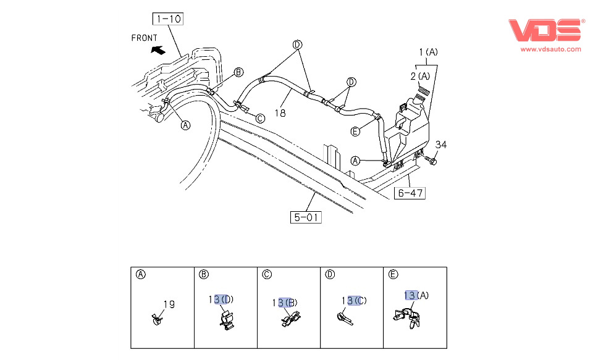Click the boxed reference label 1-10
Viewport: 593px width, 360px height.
pyautogui.click(x=168, y=19)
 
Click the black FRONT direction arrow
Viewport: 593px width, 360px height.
pyautogui.click(x=159, y=50)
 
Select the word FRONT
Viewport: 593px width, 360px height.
pyautogui.click(x=145, y=38)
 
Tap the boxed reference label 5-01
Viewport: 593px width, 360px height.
pyautogui.click(x=306, y=217)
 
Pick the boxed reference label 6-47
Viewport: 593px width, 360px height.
pyautogui.click(x=410, y=193)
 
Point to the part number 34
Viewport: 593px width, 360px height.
pyautogui.click(x=440, y=144)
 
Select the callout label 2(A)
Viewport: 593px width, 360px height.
pyautogui.click(x=420, y=75)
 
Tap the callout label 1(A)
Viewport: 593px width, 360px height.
pyautogui.click(x=428, y=52)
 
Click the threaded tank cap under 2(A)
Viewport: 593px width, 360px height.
pyautogui.click(x=423, y=94)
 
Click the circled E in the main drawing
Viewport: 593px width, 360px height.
pyautogui.click(x=355, y=131)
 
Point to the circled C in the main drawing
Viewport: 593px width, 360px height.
pyautogui.click(x=260, y=118)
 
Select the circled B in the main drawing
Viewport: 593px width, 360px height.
pyautogui.click(x=238, y=73)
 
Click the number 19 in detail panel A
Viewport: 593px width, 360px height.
pyautogui.click(x=169, y=304)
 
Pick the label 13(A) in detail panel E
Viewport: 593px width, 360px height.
pyautogui.click(x=416, y=295)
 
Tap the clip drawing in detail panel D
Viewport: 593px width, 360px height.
pyautogui.click(x=344, y=317)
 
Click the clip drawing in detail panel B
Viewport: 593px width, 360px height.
pyautogui.click(x=227, y=320)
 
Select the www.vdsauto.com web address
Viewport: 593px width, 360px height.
pyautogui.click(x=550, y=49)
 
